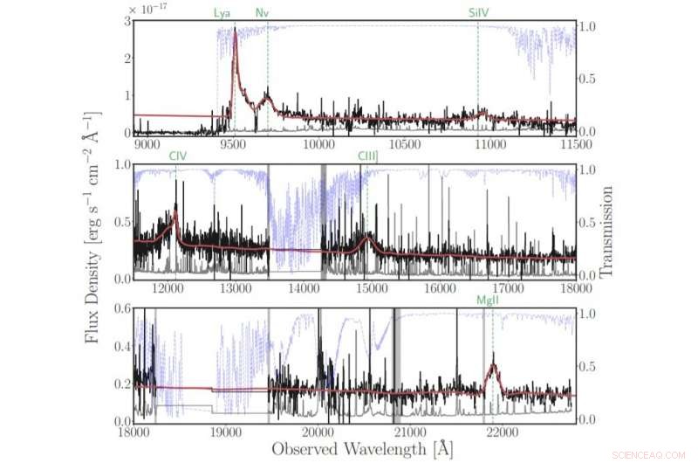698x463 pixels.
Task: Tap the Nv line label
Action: (x=263, y=12)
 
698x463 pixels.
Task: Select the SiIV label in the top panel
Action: (x=478, y=12)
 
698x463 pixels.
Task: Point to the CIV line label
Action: (x=178, y=155)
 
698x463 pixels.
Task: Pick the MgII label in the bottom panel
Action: (x=489, y=301)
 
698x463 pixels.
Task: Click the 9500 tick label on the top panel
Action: (x=233, y=143)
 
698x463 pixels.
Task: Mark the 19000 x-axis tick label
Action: (x=225, y=432)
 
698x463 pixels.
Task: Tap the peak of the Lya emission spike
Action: (x=235, y=31)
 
